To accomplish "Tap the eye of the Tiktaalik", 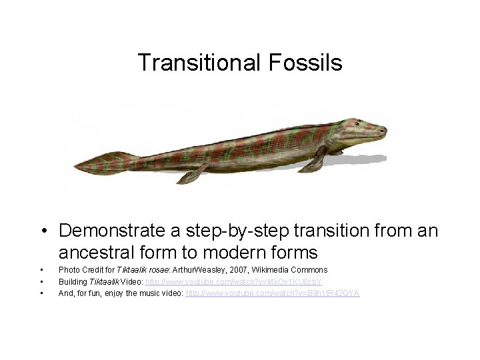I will [x=359, y=123].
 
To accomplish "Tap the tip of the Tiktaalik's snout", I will [x=385, y=127].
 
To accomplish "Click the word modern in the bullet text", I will [x=241, y=253].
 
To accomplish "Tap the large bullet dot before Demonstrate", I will [x=42, y=231].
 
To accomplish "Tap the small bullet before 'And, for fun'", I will [x=41, y=293].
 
